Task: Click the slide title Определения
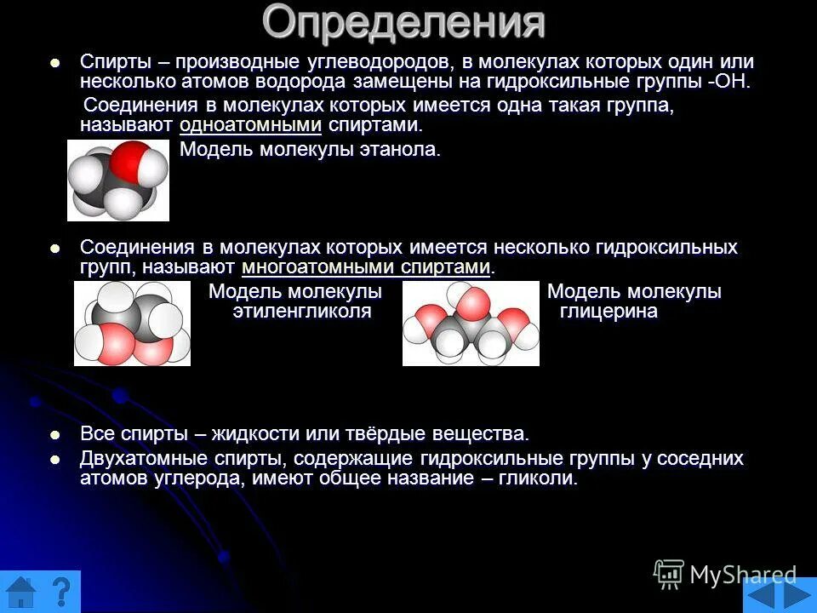(403, 23)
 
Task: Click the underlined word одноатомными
(250, 125)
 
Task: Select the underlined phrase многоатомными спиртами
(367, 267)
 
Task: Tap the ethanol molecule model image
(118, 180)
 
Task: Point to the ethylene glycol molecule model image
(132, 324)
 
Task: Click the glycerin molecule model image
(471, 324)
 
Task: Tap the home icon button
(20, 593)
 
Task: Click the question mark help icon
(60, 593)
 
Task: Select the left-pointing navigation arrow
(762, 593)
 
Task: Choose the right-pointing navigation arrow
(798, 593)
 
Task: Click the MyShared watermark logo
(725, 575)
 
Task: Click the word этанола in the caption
(401, 151)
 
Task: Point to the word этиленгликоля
(302, 312)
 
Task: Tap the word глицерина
(608, 312)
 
